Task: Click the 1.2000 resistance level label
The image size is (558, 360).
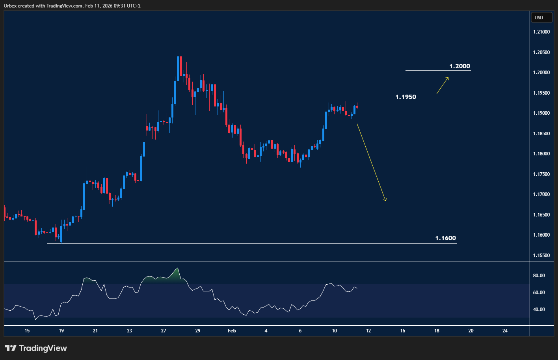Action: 459,66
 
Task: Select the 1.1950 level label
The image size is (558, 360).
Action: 405,97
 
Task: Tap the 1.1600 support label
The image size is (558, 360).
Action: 445,238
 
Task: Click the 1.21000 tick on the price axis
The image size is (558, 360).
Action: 541,32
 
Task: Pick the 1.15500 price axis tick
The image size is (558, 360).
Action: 541,256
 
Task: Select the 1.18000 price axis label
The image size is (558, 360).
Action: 541,154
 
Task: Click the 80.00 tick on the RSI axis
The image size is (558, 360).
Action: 539,276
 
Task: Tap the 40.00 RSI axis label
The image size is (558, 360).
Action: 539,310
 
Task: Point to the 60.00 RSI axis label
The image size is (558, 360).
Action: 539,293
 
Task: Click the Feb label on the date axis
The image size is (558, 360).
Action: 232,331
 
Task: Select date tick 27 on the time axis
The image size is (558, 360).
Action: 164,331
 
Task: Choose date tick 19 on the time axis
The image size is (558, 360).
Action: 61,331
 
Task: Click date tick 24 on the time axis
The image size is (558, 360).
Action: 505,331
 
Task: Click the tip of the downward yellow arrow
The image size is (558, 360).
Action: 385,201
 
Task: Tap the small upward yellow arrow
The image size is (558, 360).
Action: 443,85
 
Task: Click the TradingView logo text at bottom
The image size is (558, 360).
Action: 43,348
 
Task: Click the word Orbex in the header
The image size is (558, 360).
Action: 11,6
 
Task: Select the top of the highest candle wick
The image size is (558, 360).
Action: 178,39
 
